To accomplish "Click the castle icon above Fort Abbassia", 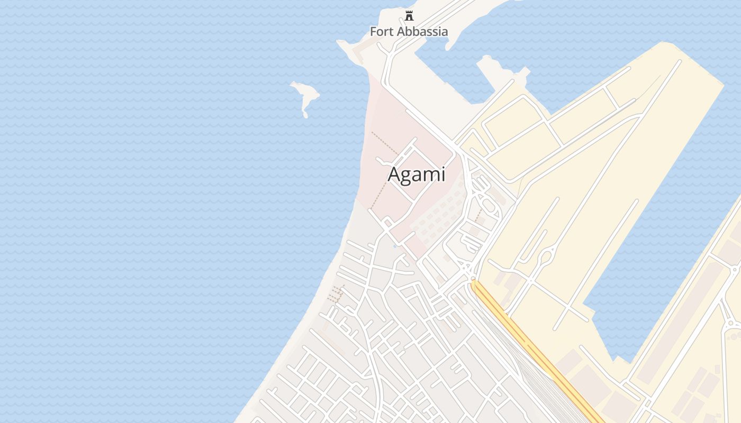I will [x=409, y=16].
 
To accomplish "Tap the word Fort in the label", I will [x=381, y=32].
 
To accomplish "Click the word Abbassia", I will [x=421, y=32].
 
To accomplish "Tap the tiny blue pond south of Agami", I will [x=395, y=246].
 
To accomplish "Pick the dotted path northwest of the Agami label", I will [x=384, y=143].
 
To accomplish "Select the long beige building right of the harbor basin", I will [x=680, y=323].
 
